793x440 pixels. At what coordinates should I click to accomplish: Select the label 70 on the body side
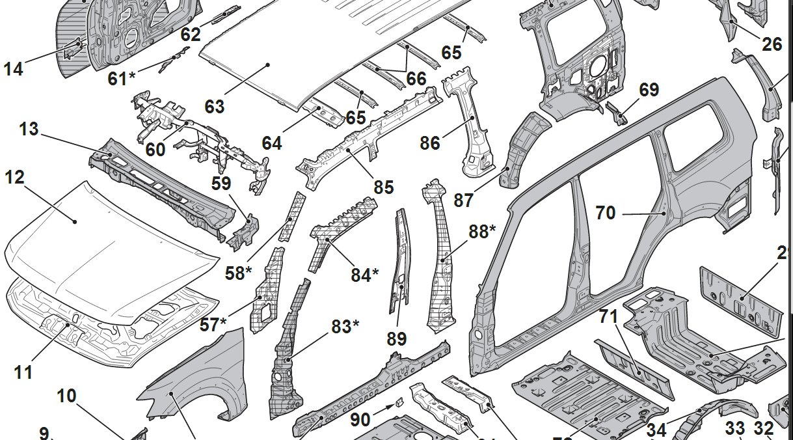tap(606, 212)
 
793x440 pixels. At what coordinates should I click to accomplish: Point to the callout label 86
tap(430, 143)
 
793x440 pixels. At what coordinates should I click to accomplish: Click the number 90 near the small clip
tap(360, 420)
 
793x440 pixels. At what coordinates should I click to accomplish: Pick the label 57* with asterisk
tap(213, 323)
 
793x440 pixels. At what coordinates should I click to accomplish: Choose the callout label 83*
tap(345, 326)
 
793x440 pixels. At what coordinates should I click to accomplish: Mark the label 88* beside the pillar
tap(483, 232)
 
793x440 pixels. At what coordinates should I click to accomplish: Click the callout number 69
tap(649, 90)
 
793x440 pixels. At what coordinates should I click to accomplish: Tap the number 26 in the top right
tap(772, 44)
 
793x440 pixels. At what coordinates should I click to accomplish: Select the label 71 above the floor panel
tap(608, 317)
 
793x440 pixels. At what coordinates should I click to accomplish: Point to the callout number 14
tap(13, 68)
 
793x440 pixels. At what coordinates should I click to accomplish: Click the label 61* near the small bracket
tap(122, 79)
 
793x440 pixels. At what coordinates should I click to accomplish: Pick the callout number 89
tap(396, 338)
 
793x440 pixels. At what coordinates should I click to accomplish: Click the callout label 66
tap(416, 79)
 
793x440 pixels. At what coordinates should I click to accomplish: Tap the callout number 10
tap(66, 395)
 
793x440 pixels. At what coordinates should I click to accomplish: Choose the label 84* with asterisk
tap(365, 275)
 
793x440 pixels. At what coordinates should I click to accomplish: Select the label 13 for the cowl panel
tap(29, 129)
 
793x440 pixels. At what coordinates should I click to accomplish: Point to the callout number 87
tap(463, 200)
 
